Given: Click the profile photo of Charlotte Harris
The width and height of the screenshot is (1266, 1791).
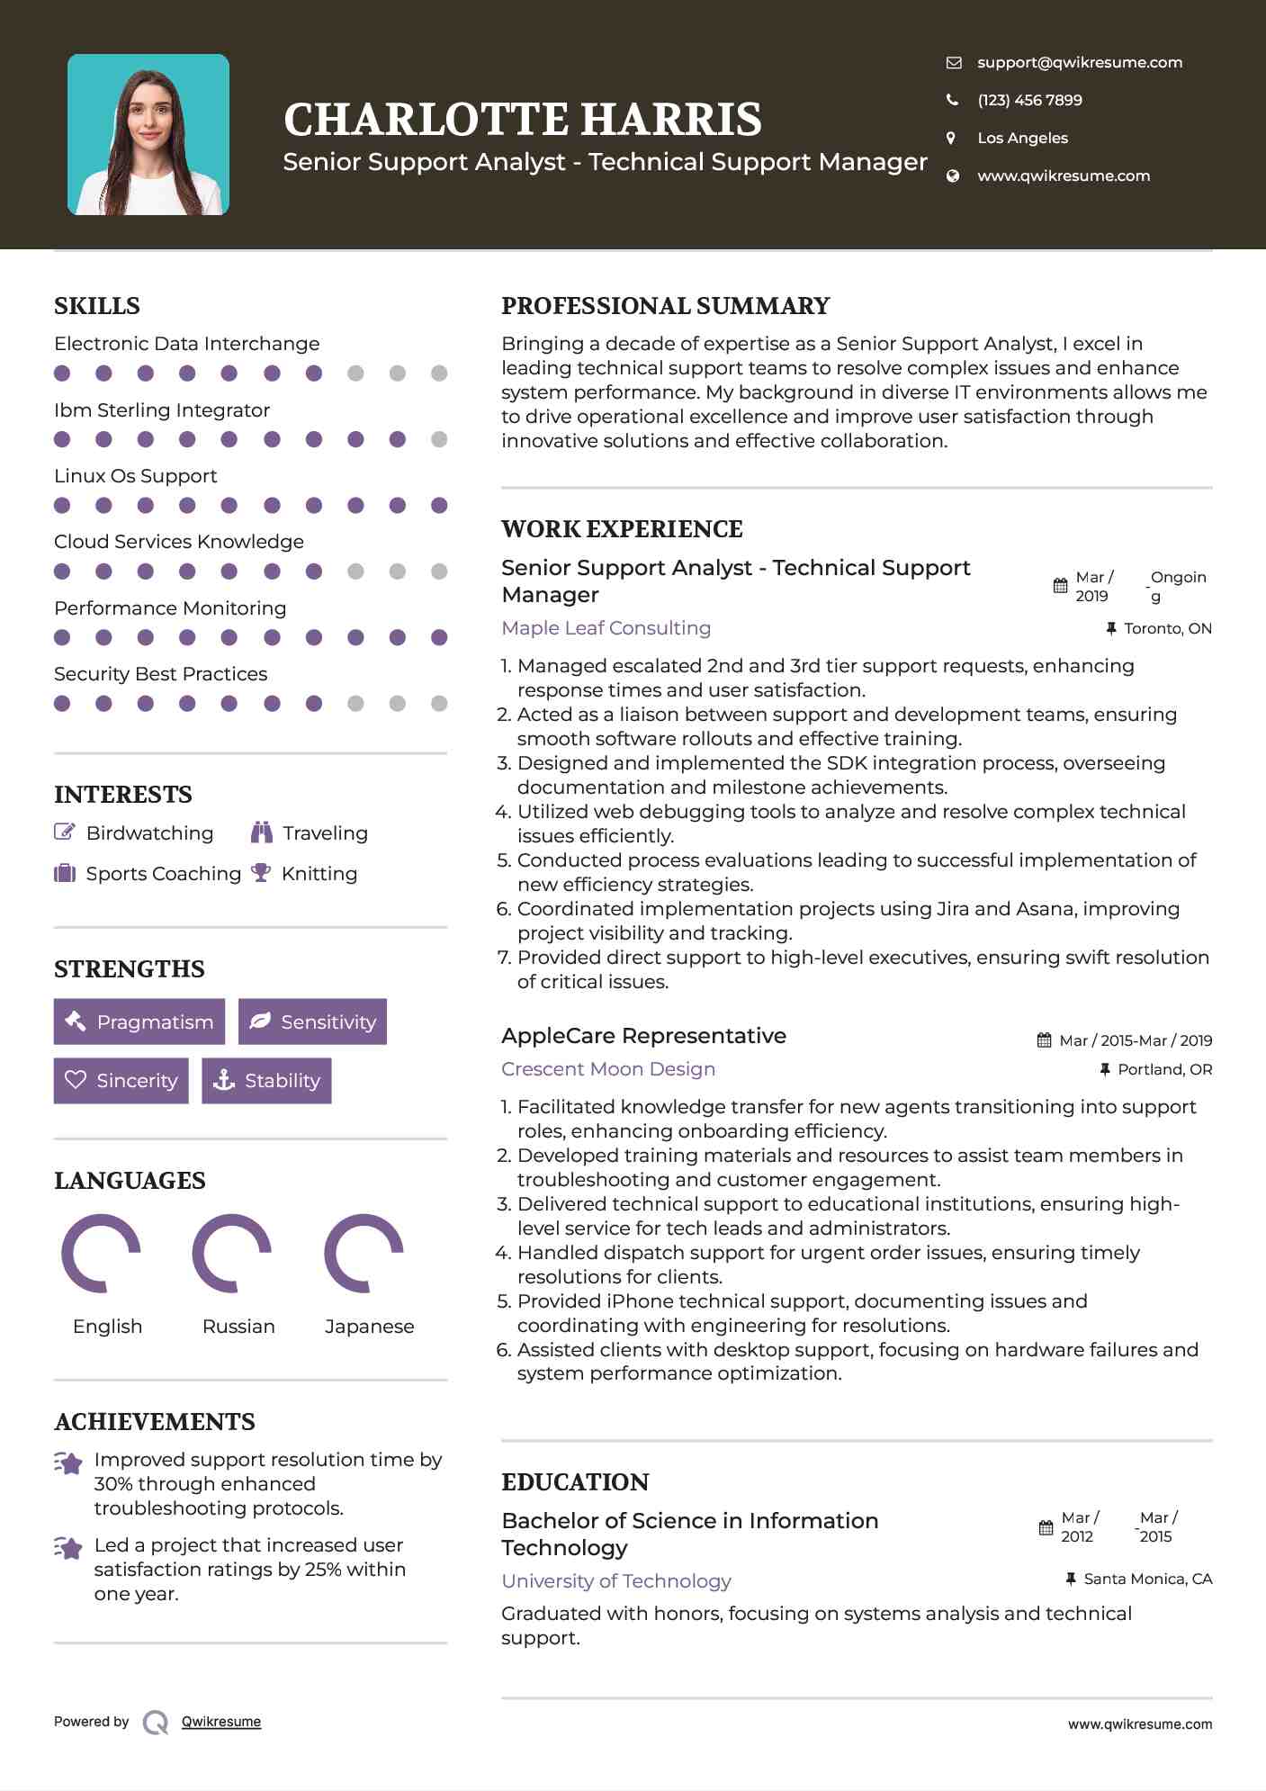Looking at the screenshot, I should coord(148,135).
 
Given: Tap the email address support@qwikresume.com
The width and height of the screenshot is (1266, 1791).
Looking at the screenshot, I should coord(1080,63).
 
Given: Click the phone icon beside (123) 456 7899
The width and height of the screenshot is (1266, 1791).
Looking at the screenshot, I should coord(953,100).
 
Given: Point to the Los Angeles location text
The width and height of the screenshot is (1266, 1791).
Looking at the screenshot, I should coord(1022,139).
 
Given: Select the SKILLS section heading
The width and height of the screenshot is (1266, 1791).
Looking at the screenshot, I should coord(97,306).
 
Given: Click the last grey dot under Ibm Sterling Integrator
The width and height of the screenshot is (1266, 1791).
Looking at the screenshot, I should coord(439,439).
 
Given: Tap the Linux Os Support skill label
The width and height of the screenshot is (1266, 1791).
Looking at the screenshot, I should coord(136,476).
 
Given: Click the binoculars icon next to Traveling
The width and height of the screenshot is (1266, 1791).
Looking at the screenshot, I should coord(262,832).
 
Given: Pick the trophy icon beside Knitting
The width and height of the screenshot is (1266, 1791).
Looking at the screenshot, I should coord(261,873).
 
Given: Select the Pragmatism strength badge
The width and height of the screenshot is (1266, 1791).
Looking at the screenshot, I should coord(139,1021).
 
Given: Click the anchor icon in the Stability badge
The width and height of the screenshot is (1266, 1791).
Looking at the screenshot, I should coord(223,1080).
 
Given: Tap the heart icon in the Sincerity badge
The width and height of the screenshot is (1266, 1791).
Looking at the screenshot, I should coord(76,1080).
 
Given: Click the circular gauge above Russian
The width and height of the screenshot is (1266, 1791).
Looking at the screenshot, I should coord(232,1253).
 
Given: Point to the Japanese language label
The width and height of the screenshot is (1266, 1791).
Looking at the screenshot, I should coord(369,1327).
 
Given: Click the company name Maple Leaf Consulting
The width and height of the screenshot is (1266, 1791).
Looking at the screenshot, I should coord(606,628).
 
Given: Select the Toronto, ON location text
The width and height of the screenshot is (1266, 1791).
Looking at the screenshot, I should coord(1167,628).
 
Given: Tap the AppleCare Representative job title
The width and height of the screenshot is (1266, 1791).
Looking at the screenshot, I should coord(643,1036).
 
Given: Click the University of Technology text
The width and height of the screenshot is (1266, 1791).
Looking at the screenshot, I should coord(616,1581).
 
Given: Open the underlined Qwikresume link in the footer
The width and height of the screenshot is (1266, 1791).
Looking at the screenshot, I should coord(221,1722).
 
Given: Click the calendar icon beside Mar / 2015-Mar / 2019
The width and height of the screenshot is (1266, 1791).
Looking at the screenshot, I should coord(1044,1040).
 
